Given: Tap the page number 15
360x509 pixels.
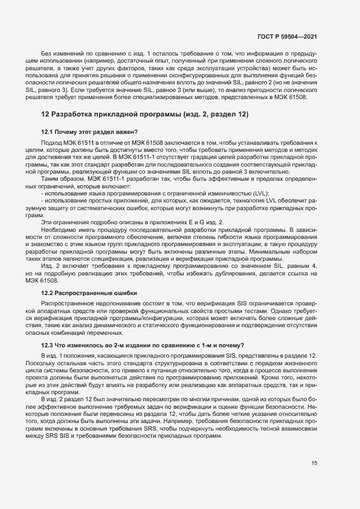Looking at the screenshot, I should point(314,463).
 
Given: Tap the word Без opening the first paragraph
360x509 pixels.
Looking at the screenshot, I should point(48,54).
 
